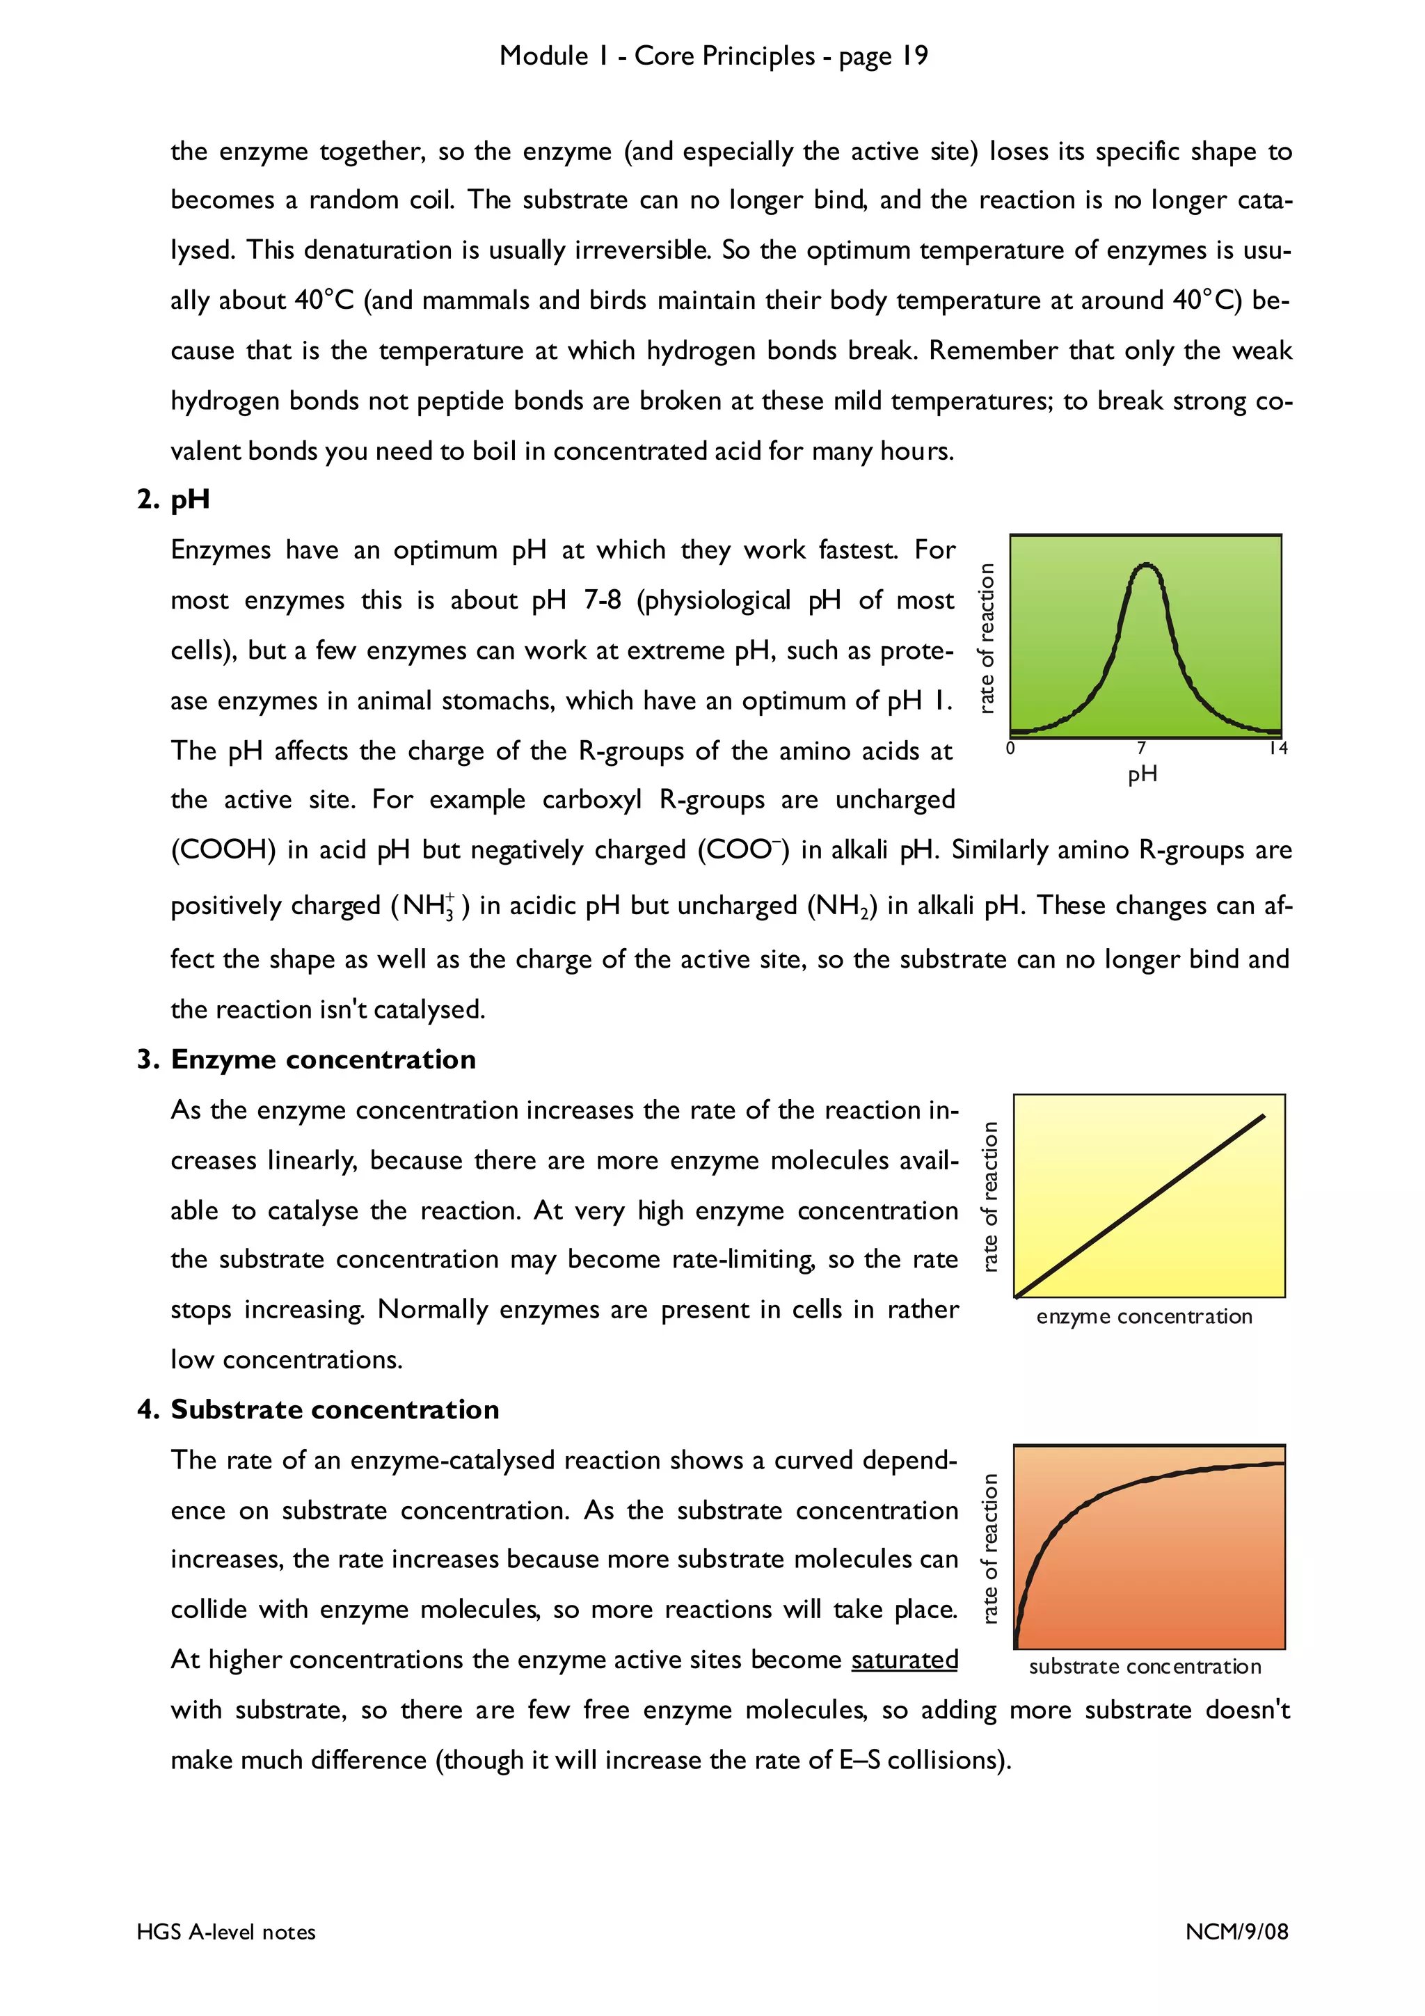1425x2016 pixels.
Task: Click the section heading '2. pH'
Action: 173,499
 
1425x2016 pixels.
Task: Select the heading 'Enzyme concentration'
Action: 322,1059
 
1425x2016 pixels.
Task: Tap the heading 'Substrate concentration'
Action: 334,1409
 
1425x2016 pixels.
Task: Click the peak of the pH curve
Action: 1146,566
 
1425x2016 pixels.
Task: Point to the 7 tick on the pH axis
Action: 1140,748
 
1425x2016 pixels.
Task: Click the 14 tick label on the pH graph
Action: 1277,748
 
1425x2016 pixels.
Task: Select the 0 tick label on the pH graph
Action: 1010,748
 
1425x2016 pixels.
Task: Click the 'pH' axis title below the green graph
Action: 1143,774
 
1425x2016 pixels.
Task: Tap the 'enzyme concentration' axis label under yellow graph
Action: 1143,1316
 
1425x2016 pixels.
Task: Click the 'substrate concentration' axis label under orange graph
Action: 1144,1667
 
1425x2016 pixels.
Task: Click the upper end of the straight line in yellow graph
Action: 1263,1116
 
